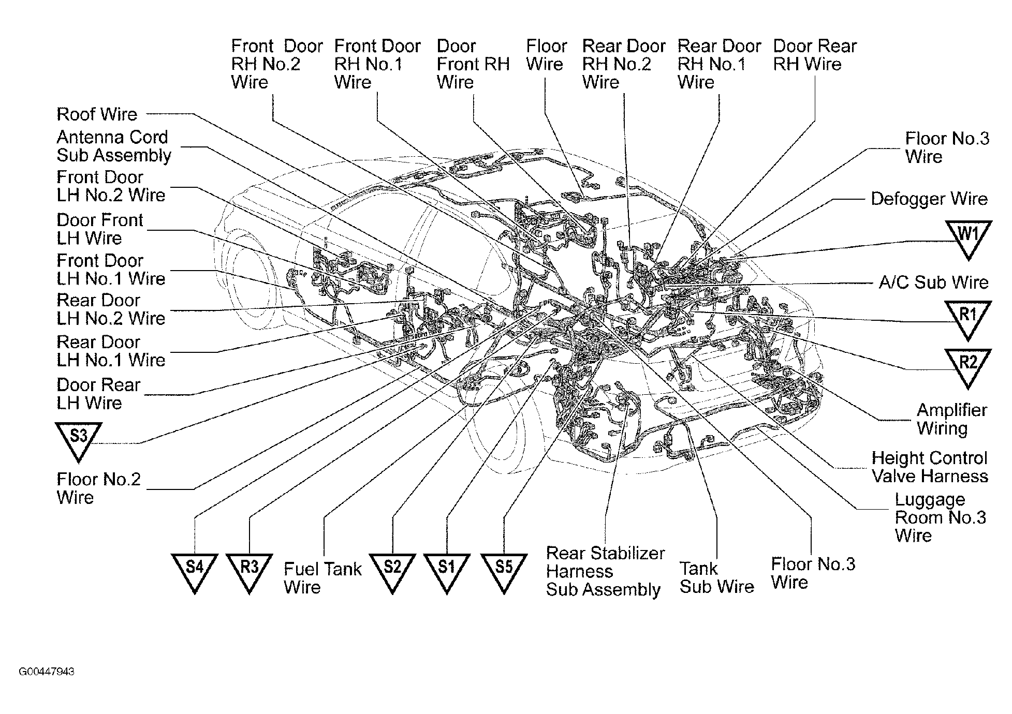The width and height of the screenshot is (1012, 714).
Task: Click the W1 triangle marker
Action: coord(968,236)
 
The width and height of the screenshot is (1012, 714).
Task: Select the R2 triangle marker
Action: coord(967,365)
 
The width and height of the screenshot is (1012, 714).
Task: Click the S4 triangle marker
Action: coord(194,570)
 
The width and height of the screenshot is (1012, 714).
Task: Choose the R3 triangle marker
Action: coord(249,570)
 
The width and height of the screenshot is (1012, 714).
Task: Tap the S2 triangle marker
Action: coord(392,570)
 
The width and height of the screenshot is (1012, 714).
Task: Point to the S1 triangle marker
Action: coord(446,570)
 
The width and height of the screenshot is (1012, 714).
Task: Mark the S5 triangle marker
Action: coord(504,570)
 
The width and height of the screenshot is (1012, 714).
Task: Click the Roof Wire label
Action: coord(97,114)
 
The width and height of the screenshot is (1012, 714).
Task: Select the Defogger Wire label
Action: coord(929,199)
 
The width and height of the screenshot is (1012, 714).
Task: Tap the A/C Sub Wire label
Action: coord(933,282)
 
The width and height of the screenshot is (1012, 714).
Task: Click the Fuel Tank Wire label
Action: coord(322,578)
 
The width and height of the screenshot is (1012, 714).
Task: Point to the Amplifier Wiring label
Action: coord(951,419)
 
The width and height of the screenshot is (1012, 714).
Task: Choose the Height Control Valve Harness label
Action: coord(929,467)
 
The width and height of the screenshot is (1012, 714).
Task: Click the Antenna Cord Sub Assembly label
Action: coord(113,146)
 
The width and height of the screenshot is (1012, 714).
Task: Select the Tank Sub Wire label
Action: coord(716,578)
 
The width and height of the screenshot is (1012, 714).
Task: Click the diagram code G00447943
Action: coord(47,672)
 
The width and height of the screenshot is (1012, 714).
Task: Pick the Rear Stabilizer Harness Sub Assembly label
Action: coord(605,571)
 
